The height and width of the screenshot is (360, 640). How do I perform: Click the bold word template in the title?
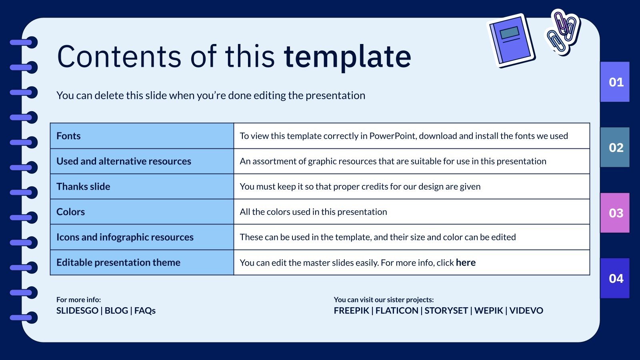347,57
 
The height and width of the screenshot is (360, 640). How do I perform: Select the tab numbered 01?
615,82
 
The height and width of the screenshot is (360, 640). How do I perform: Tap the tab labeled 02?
615,147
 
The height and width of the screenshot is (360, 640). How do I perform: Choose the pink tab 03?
615,213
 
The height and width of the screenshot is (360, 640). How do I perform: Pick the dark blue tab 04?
615,278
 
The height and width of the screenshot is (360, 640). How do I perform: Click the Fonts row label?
68,136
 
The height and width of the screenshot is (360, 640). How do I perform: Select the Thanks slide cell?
83,186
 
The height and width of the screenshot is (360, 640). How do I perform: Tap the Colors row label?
70,212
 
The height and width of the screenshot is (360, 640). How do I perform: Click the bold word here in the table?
466,262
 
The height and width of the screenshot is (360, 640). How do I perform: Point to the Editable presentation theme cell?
118,262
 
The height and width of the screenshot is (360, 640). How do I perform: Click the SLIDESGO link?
77,310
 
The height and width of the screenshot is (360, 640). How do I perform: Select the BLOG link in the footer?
116,310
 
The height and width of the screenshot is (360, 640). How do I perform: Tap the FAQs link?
145,310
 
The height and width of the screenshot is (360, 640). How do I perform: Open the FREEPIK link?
351,310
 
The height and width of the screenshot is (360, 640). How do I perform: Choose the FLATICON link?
396,310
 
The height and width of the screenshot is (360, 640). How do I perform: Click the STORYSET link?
446,310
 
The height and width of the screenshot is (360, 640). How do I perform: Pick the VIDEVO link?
526,310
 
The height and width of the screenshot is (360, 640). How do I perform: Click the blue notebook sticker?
511,40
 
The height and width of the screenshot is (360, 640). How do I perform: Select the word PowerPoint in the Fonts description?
392,136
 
